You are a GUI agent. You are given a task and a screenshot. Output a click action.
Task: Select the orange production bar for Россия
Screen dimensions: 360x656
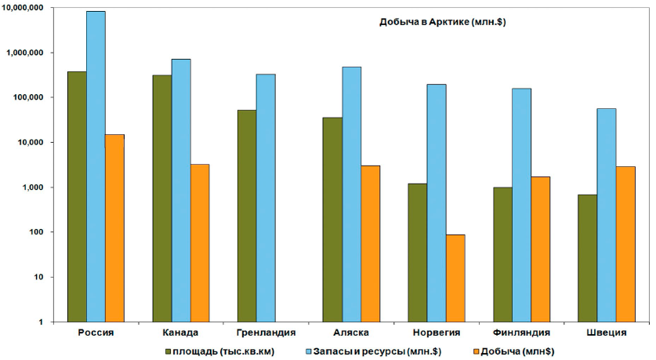pos(114,227)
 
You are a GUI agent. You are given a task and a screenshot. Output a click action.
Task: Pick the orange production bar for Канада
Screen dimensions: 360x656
pos(199,242)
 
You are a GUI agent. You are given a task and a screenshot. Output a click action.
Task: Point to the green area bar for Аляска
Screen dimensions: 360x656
pos(332,219)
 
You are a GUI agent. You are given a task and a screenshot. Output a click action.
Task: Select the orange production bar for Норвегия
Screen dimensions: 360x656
pos(455,278)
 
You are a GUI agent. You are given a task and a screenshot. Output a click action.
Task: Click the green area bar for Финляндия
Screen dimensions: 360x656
pos(502,254)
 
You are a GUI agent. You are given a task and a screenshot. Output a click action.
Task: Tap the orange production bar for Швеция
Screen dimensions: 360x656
pos(625,244)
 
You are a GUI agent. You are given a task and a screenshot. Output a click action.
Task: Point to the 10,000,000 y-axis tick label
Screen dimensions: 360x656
pos(33,8)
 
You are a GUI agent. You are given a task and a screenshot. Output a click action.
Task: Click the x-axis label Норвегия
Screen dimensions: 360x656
pos(436,333)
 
